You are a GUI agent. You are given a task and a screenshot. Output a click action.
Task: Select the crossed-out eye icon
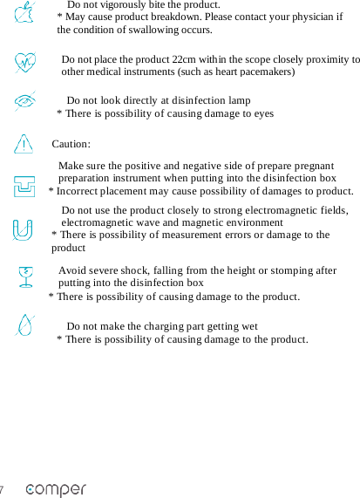click(26, 102)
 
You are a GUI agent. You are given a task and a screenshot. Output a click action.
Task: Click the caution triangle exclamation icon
click(24, 141)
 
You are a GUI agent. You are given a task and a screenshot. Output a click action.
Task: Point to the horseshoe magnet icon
click(24, 229)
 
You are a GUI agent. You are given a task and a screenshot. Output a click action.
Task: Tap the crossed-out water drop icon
click(25, 325)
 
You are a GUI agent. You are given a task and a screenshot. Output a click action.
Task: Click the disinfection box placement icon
click(24, 186)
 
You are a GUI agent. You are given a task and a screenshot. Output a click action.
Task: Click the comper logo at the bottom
click(56, 489)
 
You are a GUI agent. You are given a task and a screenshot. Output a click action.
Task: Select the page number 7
click(3, 489)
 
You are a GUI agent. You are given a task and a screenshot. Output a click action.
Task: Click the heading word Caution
click(71, 144)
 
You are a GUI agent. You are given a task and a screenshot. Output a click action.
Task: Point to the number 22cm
click(184, 59)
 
